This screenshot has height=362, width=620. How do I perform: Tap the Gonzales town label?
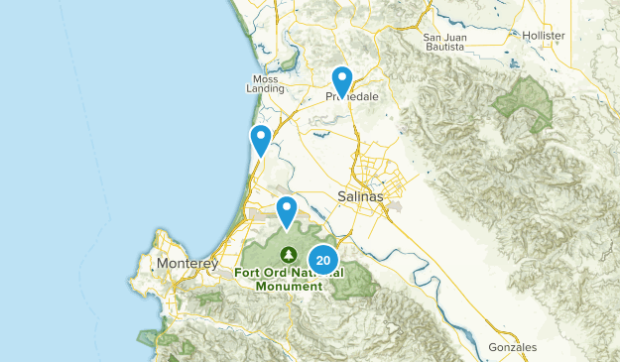pos(512,348)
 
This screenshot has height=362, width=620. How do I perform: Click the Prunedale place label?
pos(349,97)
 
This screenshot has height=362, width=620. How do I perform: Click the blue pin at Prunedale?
pos(341,81)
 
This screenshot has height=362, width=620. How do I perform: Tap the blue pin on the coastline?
pos(261,140)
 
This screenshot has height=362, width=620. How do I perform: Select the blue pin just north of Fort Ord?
pos(287,210)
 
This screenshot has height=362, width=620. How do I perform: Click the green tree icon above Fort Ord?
pos(288,253)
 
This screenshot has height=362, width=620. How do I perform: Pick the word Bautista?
pos(444,50)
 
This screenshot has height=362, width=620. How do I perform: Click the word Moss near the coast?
pos(266,78)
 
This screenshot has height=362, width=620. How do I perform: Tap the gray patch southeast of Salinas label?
pos(391,207)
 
